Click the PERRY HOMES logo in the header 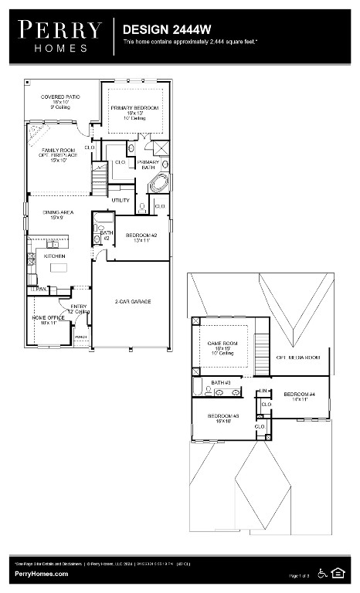point(60,36)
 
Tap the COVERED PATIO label point(60,101)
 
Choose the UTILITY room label point(121,200)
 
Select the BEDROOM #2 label point(141,237)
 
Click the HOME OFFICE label point(48,320)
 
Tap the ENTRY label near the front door point(79,308)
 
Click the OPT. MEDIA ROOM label point(297,357)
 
